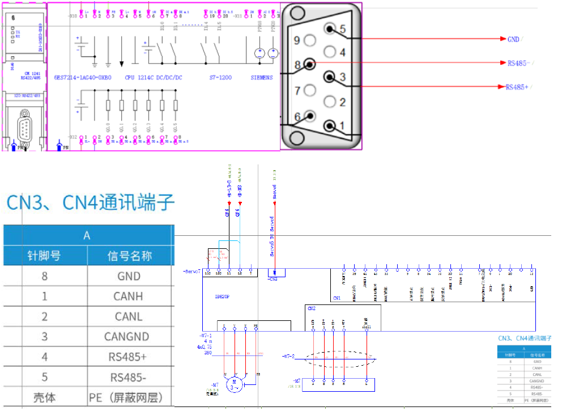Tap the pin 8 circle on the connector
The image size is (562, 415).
pos(310,64)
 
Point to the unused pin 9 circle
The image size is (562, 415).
pos(309,41)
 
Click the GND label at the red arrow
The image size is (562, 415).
pos(513,39)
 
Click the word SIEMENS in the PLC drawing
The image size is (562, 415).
pos(262,77)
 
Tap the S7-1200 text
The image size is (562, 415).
pos(221,77)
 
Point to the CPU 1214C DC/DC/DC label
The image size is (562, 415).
pos(154,77)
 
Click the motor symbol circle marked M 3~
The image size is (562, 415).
pos(234,385)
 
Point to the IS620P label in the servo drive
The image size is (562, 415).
pos(223,296)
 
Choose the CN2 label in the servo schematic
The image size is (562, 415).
pos(312,308)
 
